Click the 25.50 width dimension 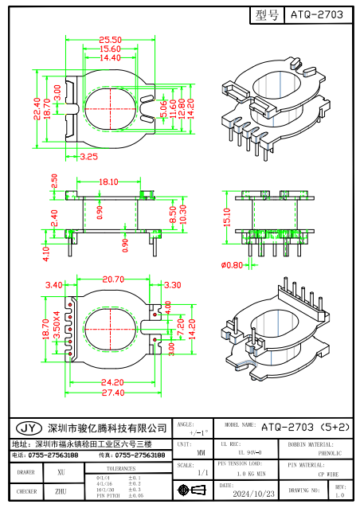(x=110, y=40)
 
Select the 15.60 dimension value (x=110, y=49)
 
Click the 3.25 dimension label (x=88, y=158)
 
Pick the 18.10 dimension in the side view (x=110, y=182)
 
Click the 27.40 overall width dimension (x=113, y=393)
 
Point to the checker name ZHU (x=60, y=492)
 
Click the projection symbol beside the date (x=188, y=490)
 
